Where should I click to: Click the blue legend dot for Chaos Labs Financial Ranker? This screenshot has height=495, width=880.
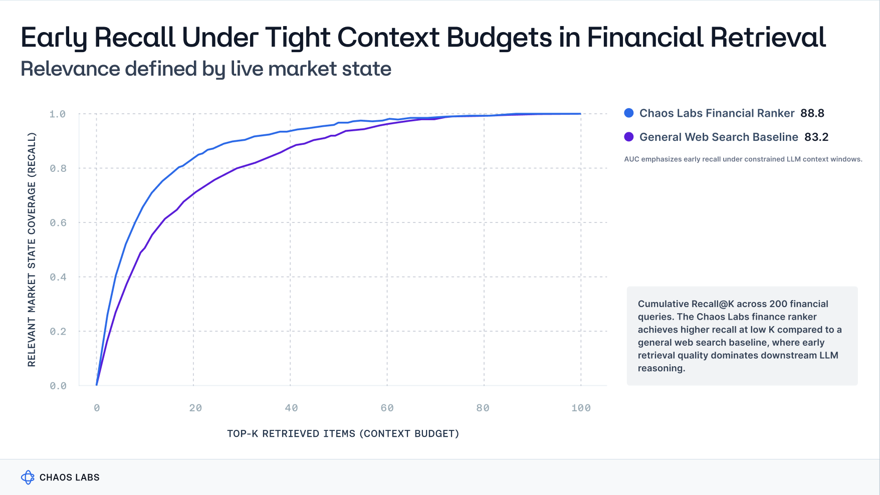tap(629, 113)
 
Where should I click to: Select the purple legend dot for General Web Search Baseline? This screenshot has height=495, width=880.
tap(629, 137)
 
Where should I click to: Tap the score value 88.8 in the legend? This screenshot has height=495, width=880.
tap(812, 113)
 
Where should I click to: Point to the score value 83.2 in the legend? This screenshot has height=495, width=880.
tap(816, 137)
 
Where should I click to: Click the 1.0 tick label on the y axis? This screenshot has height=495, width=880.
tap(58, 114)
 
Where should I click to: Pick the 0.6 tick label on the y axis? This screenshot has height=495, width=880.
tap(58, 223)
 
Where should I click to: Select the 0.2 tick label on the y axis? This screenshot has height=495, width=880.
tap(58, 332)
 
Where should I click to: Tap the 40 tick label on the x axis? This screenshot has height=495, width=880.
tap(291, 408)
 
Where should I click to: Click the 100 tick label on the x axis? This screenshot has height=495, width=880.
tap(581, 408)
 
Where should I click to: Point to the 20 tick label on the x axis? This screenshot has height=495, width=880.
tap(195, 408)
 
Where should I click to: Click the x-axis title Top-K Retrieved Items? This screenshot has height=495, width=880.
tap(343, 433)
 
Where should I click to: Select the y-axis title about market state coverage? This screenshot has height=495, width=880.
tap(32, 250)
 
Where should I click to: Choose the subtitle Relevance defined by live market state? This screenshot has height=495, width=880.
tap(205, 69)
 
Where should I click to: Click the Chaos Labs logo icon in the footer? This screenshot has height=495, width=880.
tap(28, 477)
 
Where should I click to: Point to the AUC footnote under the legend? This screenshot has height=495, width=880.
tap(743, 159)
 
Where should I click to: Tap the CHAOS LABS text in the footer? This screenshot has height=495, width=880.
tap(69, 477)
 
